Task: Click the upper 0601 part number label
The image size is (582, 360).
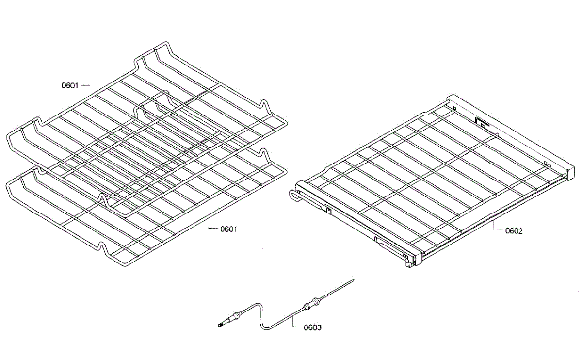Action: (x=69, y=86)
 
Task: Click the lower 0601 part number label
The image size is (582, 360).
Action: (x=228, y=229)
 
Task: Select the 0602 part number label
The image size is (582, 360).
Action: (x=514, y=231)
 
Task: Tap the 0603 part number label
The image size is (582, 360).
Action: (x=312, y=327)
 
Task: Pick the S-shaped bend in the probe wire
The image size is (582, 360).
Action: (x=261, y=315)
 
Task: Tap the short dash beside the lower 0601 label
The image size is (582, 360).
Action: (x=212, y=229)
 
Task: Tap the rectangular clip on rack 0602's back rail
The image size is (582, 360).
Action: (x=481, y=122)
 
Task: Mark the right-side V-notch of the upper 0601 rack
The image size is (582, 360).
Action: (x=264, y=105)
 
